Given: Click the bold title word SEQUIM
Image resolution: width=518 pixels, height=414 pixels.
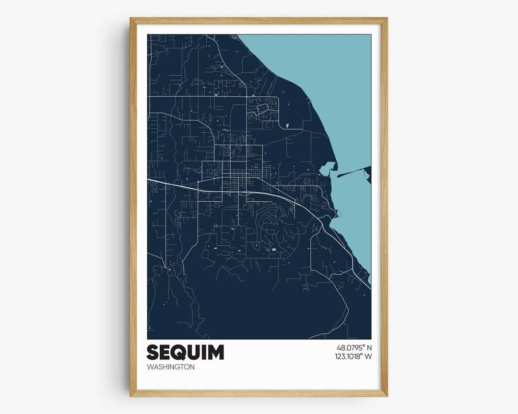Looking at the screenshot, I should coord(185,352).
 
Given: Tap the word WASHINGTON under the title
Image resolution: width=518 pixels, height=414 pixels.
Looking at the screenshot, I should coord(171,367).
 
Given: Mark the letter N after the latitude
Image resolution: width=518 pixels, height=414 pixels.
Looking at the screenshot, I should coord(369,348).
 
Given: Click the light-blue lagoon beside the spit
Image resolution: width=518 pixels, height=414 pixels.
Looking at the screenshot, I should coord(327,169).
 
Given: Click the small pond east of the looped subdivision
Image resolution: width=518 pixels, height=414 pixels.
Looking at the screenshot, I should coord(287,126).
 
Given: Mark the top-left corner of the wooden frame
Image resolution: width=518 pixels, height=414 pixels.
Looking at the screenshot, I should coord(130,18).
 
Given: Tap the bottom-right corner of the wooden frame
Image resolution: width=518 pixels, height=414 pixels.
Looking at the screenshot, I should coord(387,396).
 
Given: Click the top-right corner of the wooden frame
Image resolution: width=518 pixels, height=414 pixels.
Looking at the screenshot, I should coord(387,18).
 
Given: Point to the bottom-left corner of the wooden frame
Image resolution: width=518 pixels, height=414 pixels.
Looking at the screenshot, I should coord(130,396).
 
